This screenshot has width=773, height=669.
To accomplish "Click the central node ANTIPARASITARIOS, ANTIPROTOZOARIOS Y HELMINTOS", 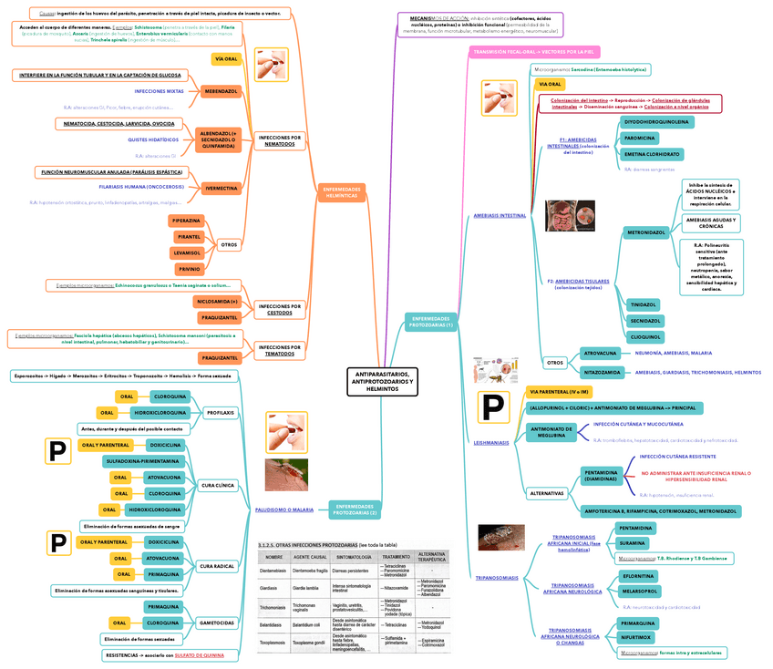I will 383,382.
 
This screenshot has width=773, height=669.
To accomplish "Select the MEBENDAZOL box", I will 221,92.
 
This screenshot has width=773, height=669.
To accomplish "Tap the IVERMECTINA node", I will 221,189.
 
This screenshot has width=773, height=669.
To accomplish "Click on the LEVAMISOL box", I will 189,252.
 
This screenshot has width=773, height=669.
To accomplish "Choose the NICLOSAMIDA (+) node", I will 216,301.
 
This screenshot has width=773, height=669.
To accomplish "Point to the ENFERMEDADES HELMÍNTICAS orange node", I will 342,192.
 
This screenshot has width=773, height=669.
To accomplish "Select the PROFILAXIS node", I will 221,413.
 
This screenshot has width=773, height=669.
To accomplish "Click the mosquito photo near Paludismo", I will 286,475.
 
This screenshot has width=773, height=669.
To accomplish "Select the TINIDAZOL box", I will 643,304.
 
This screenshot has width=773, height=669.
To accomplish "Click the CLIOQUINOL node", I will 644,336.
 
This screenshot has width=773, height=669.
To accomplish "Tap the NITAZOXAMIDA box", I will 603,372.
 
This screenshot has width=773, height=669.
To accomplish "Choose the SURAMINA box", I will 635,543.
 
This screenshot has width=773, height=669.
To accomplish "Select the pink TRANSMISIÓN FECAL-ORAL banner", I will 532,52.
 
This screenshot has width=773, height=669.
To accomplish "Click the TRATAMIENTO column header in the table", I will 396,556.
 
